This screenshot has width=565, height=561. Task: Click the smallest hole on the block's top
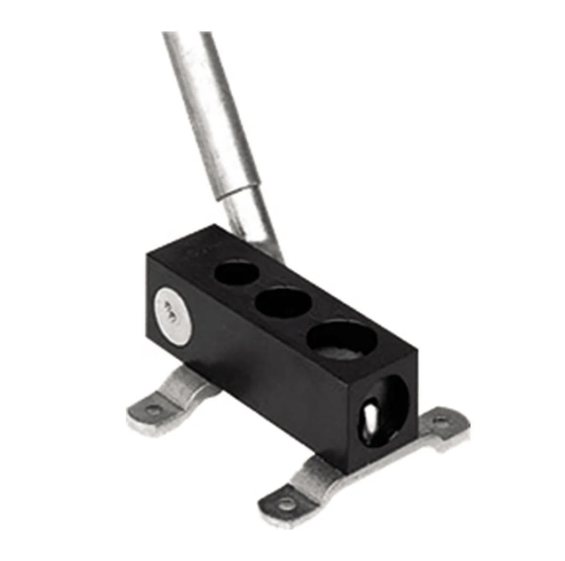tap(236, 274)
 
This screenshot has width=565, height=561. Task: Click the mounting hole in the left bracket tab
tap(154, 410)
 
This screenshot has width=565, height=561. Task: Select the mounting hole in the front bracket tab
tap(287, 502)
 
